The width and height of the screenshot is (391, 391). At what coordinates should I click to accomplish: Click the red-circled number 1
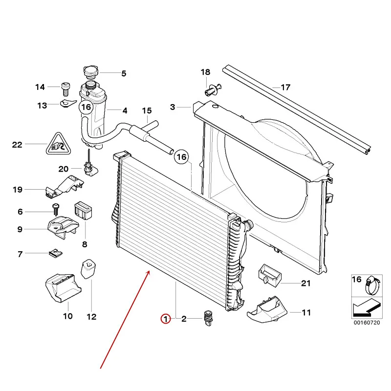coord(166,319)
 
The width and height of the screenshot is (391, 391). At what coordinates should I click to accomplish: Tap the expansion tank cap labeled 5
coord(90,72)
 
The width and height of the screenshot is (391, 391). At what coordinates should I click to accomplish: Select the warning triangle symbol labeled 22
coord(57,144)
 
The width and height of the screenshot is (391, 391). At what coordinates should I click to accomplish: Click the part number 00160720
coord(367,323)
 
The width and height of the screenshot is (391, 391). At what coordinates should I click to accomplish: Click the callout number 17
coord(285,87)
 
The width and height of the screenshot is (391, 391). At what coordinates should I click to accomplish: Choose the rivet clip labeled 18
coord(211,89)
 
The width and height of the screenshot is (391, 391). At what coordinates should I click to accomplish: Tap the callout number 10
coord(67,316)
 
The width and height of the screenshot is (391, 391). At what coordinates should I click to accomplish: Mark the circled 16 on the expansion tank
coord(86,107)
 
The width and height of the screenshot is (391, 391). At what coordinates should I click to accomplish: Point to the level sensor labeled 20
coord(89,167)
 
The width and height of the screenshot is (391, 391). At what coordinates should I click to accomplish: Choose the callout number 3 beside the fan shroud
coord(172,107)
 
